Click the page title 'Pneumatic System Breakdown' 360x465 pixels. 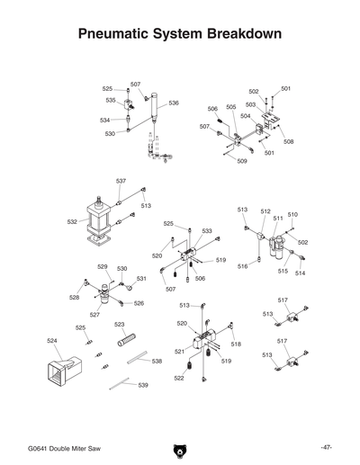click(x=180, y=33)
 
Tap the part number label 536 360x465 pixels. click(x=174, y=103)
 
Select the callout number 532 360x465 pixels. click(x=72, y=220)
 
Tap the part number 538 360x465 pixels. click(x=157, y=361)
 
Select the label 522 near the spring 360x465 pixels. click(x=179, y=379)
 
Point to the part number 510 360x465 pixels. click(x=292, y=215)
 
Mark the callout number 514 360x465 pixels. click(x=301, y=273)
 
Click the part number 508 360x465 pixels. click(x=288, y=141)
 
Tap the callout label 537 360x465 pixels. click(x=121, y=181)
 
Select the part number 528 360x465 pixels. click(x=74, y=296)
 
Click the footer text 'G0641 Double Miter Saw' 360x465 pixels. click(x=65, y=447)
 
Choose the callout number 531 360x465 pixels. click(x=141, y=278)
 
